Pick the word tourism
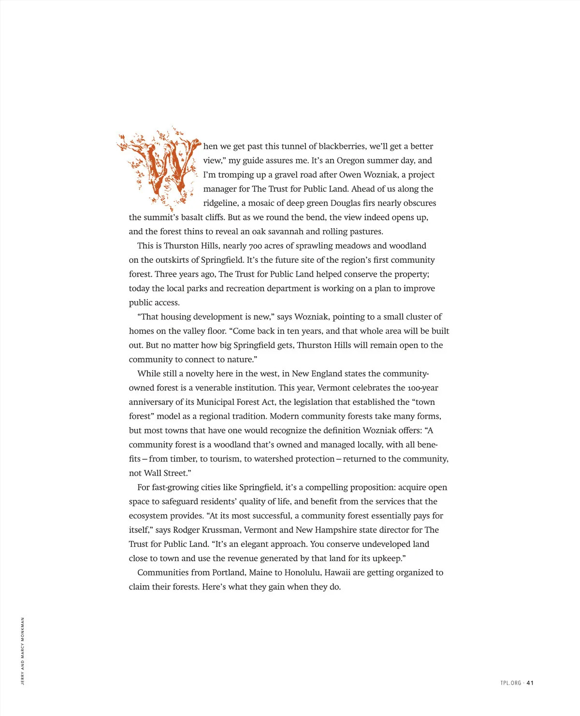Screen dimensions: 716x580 click(225, 459)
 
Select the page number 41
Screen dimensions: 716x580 click(530, 683)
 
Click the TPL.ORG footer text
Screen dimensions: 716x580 click(510, 683)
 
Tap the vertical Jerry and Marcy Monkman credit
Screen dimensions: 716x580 click(23, 651)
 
